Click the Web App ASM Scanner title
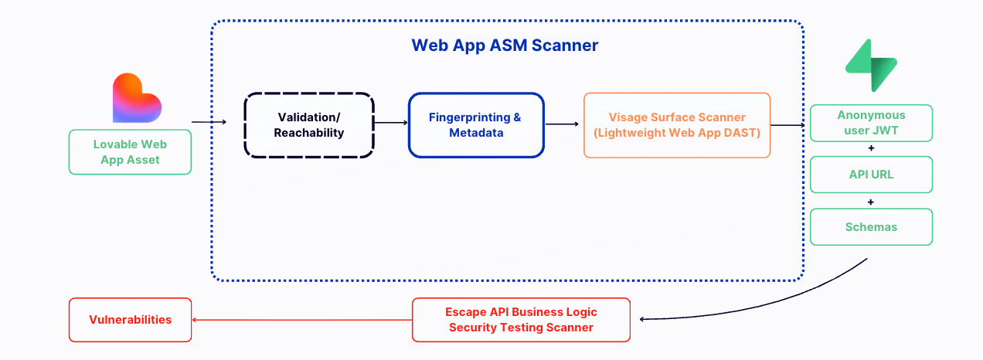[x=505, y=46]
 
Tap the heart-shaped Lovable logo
[x=136, y=98]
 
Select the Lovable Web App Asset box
[x=130, y=151]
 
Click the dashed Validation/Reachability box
[x=309, y=124]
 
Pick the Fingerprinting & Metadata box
[x=475, y=124]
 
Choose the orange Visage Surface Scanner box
[x=676, y=124]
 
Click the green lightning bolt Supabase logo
[x=870, y=66]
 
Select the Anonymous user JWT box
[x=870, y=123]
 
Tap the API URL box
[x=870, y=175]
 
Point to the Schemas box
[x=870, y=227]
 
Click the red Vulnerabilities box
[x=130, y=319]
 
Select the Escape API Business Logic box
[x=521, y=319]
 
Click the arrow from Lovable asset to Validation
[x=209, y=121]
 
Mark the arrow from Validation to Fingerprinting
[x=390, y=122]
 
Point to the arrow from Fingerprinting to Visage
[x=563, y=123]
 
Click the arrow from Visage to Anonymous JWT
[x=788, y=124]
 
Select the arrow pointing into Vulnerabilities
[x=301, y=319]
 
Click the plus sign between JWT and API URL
[x=871, y=148]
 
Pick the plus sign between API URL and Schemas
[x=871, y=201]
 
